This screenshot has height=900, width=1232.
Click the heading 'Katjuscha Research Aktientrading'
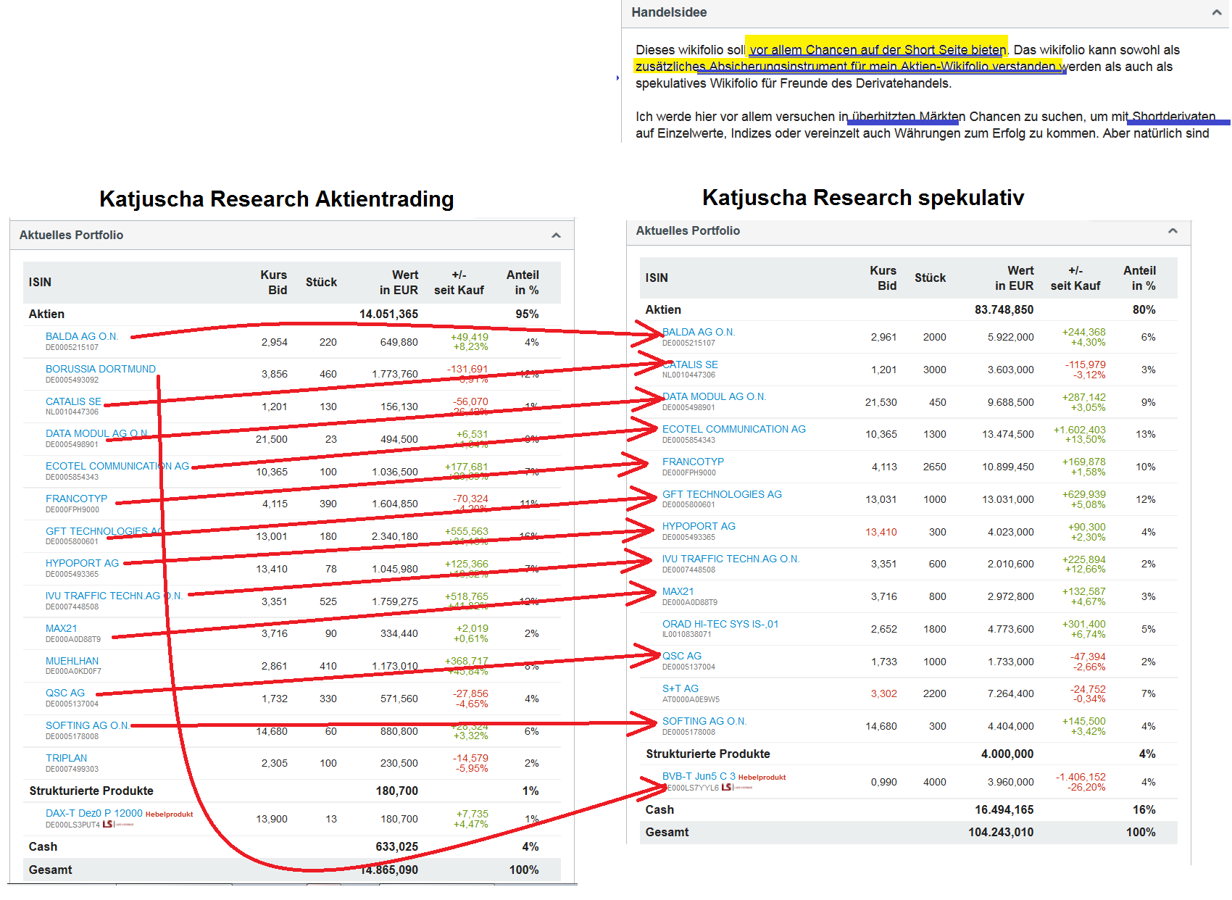276,199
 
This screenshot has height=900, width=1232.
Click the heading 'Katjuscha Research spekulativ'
862,197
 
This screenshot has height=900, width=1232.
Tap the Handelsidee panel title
668,12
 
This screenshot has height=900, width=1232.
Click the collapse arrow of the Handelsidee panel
1216,12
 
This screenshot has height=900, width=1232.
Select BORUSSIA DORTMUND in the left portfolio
100,369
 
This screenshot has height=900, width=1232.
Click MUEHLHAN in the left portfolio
72,661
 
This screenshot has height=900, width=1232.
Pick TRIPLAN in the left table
66,758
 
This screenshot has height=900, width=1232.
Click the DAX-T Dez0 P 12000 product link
93,813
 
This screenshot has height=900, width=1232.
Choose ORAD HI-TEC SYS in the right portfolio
720,624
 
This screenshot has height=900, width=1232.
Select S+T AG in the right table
680,688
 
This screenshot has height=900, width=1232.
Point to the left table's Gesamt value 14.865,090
389,870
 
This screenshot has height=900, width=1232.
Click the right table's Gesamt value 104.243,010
1000,832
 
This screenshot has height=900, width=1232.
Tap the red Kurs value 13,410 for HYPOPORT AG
881,532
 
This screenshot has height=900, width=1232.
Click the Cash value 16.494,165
1004,809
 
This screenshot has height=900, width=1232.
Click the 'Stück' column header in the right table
930,278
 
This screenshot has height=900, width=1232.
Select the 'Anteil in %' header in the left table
523,282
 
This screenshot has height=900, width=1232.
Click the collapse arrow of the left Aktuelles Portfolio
556,235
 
